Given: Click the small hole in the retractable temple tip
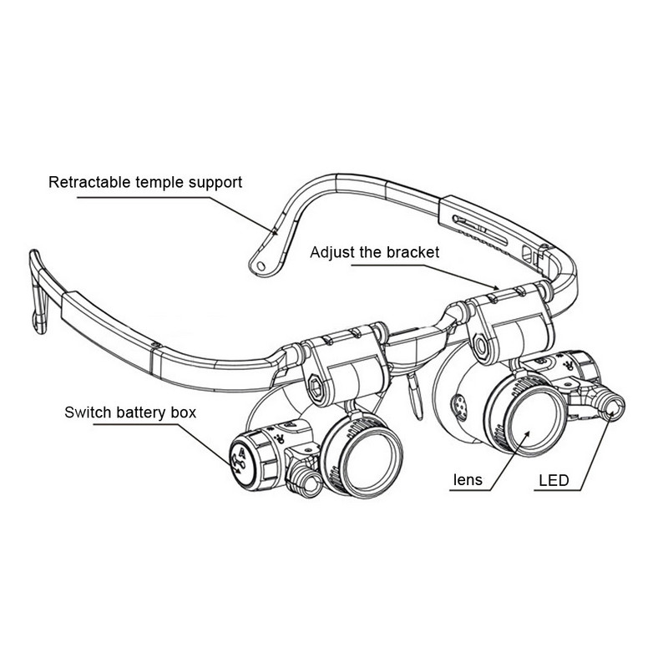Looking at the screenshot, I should click(261, 266).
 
